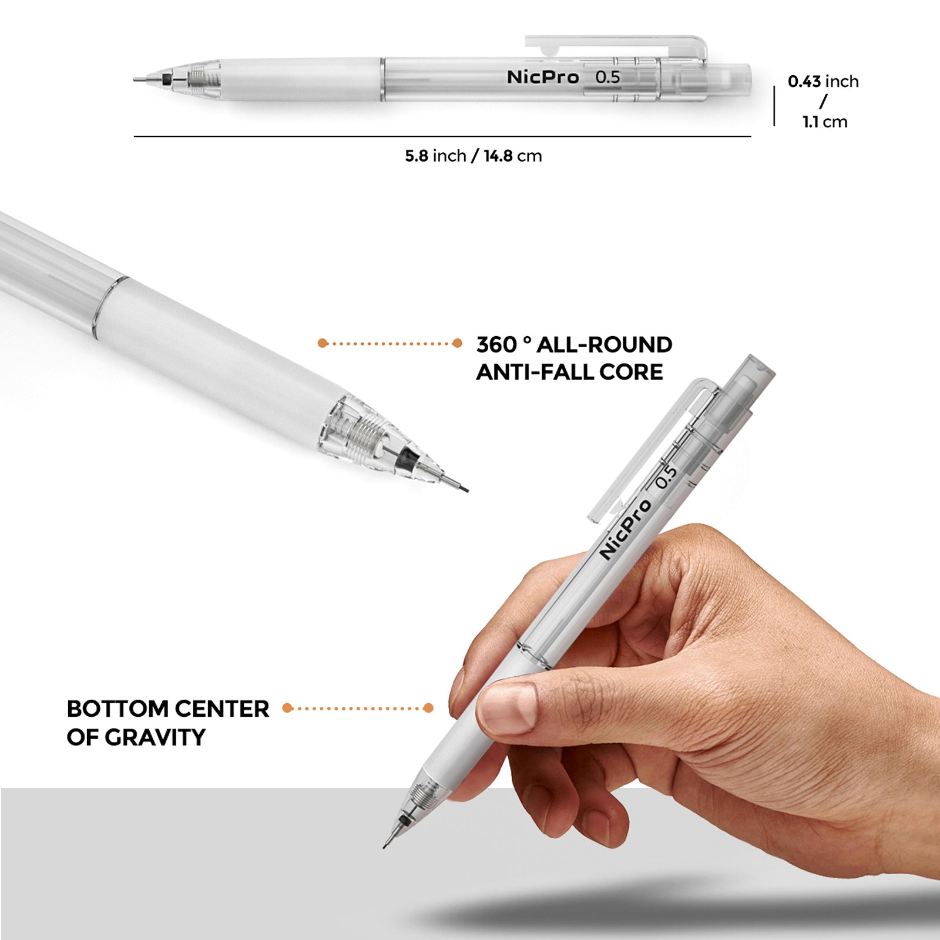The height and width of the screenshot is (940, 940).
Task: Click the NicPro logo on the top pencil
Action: click(543, 77)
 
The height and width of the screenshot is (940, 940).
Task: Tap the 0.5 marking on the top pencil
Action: click(607, 77)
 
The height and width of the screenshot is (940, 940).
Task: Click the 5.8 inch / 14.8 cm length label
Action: click(473, 156)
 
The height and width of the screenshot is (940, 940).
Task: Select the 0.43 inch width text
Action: click(823, 81)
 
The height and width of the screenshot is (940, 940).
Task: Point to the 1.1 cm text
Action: click(825, 122)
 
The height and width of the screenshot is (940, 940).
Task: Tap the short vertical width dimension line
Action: click(774, 106)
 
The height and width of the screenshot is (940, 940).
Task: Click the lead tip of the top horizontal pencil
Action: click(137, 79)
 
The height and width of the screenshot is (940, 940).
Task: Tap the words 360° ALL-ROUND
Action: click(574, 345)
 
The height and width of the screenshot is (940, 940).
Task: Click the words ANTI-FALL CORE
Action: click(569, 372)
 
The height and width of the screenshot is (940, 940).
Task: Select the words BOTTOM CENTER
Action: click(167, 709)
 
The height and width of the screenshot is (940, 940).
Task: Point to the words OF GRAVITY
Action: click(136, 737)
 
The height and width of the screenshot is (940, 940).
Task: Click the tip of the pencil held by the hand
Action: click(385, 845)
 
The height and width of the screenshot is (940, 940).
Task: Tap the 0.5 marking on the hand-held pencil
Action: click(666, 476)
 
